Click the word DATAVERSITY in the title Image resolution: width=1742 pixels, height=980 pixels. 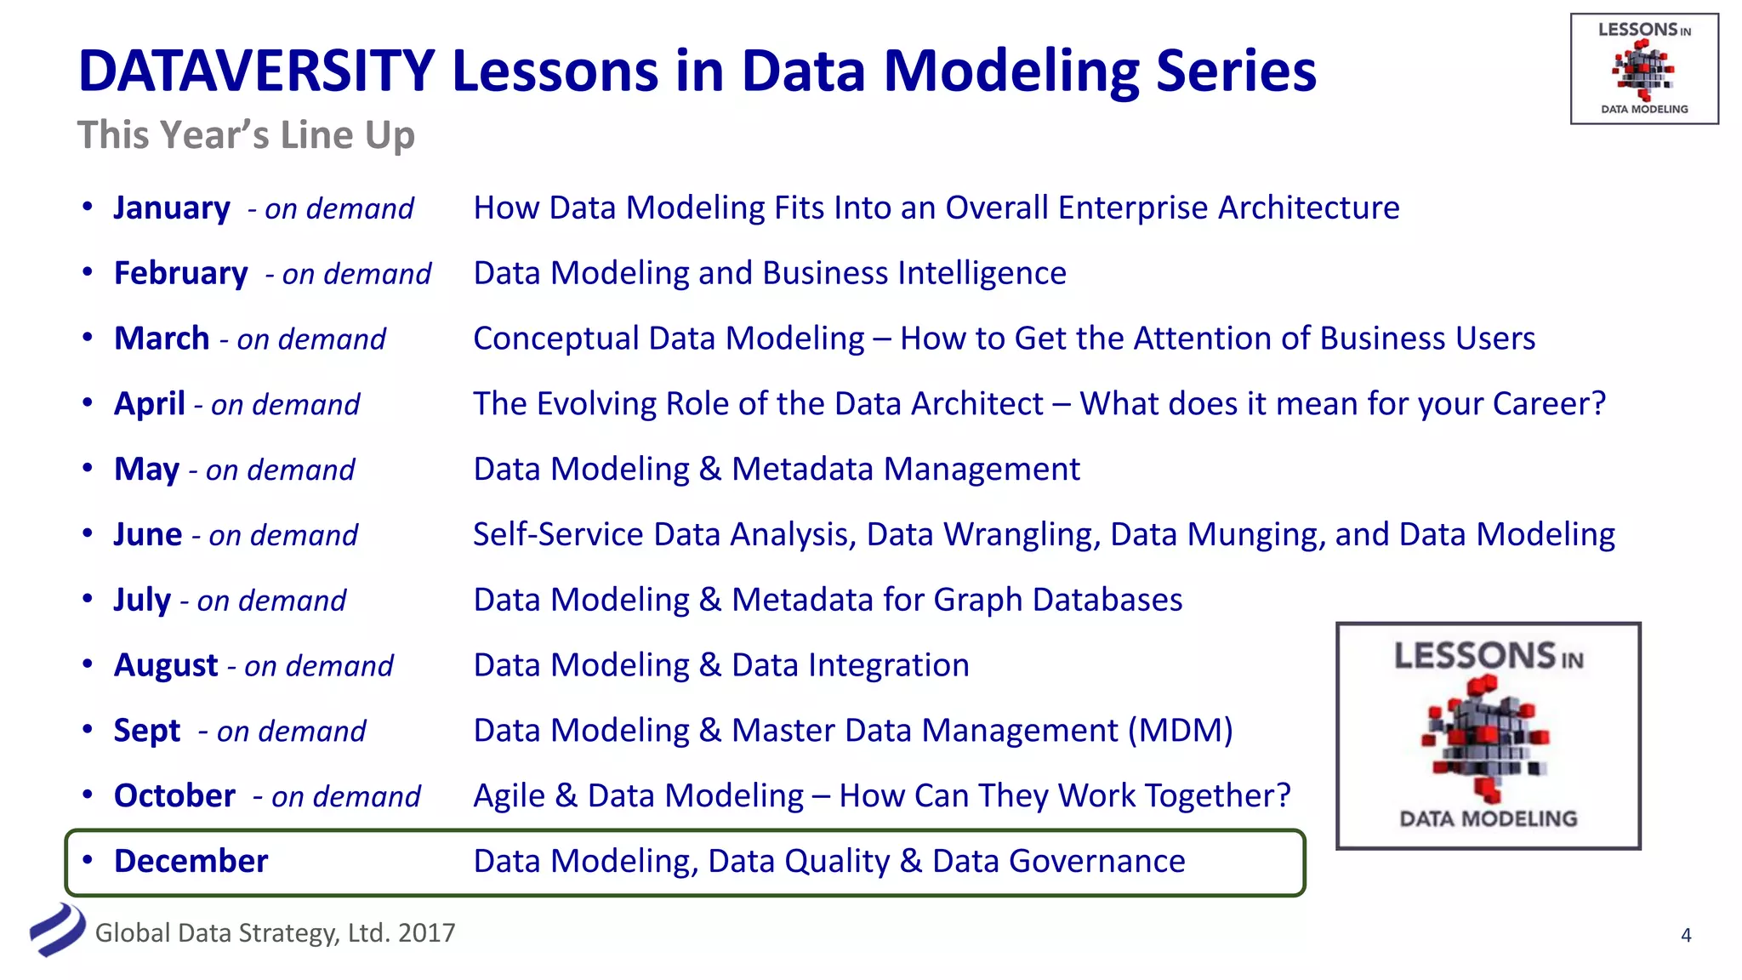[256, 71]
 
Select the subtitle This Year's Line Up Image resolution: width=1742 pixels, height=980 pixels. [246, 135]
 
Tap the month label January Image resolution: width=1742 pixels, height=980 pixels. [172, 208]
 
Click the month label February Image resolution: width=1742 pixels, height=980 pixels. [180, 274]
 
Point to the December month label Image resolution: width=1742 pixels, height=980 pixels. [191, 861]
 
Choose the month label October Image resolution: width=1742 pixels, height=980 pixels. [174, 796]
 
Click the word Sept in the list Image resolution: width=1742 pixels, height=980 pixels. [147, 731]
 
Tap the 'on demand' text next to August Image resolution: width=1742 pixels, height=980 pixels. [318, 666]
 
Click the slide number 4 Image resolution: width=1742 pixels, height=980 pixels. [1686, 936]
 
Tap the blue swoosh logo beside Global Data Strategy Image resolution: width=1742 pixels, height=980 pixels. [58, 930]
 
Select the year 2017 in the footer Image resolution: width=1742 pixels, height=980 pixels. [426, 933]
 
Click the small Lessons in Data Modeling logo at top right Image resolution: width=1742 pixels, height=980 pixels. [1643, 69]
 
